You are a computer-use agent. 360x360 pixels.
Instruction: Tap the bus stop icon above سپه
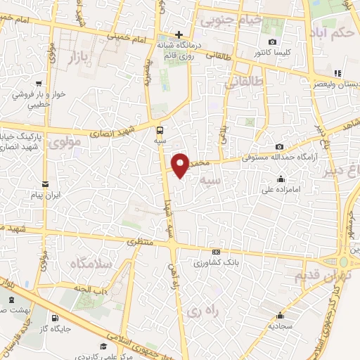160,129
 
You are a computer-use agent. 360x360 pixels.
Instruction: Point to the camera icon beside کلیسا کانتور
252,42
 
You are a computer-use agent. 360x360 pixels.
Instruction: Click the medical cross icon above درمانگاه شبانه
179,34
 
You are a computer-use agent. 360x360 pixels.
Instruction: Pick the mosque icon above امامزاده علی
281,179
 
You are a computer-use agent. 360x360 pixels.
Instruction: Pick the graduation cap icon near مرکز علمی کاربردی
103,346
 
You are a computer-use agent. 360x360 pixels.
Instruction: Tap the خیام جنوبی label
231,20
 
